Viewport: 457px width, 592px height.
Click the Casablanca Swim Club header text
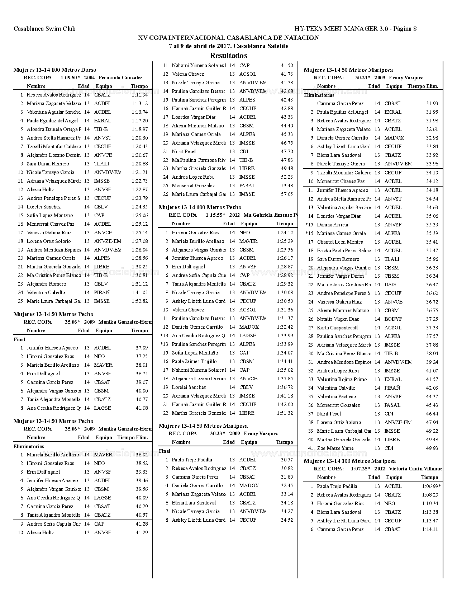(44, 29)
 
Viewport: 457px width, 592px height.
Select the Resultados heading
(228, 56)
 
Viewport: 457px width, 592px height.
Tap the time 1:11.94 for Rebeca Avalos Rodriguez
(139, 95)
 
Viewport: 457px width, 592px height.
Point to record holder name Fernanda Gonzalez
(120, 77)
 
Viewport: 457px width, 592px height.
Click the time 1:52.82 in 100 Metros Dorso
(139, 301)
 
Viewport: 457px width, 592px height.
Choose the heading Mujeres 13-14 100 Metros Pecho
(200, 207)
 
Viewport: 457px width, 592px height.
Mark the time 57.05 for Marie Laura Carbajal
(287, 194)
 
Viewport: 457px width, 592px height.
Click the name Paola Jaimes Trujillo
(194, 362)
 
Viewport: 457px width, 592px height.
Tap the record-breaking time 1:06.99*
(431, 487)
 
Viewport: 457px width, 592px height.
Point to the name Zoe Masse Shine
(335, 448)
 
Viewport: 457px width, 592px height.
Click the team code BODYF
(393, 319)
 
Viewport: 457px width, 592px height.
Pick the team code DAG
(390, 285)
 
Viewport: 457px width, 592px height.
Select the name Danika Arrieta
(333, 225)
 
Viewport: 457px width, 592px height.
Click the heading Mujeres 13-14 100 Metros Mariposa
(349, 461)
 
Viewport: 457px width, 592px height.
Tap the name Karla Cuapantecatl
(337, 328)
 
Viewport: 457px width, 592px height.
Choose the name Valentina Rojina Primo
(342, 380)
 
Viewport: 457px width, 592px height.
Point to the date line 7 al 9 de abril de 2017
(228, 46)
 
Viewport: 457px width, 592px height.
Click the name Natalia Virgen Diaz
(338, 319)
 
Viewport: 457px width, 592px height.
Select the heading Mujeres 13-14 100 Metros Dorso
(55, 70)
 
